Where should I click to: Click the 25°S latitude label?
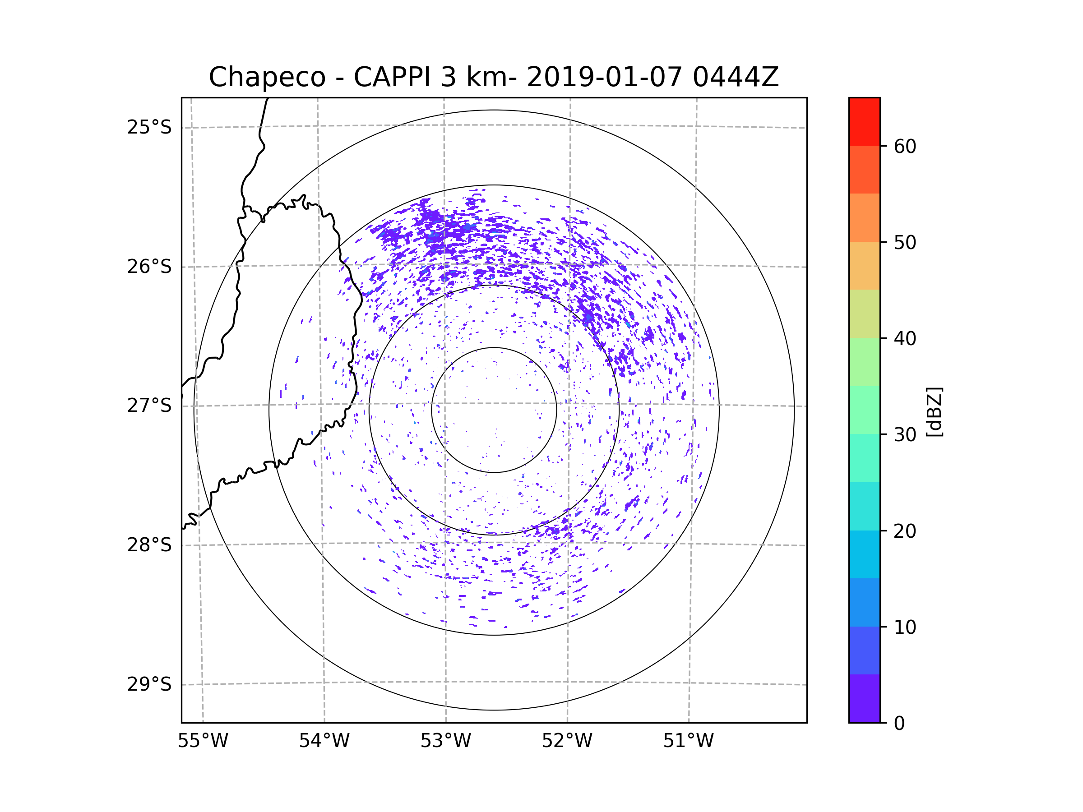pyautogui.click(x=149, y=127)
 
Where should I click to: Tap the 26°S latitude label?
pyautogui.click(x=149, y=267)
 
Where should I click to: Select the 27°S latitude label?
pyautogui.click(x=149, y=406)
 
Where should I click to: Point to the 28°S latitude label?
pyautogui.click(x=149, y=545)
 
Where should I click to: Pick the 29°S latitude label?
pyautogui.click(x=149, y=684)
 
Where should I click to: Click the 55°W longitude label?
pyautogui.click(x=203, y=741)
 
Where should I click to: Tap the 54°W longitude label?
pyautogui.click(x=324, y=741)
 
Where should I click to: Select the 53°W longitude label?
pyautogui.click(x=445, y=741)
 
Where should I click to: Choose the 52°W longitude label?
pyautogui.click(x=567, y=741)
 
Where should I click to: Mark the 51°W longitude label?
pyautogui.click(x=688, y=741)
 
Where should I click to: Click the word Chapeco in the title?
pyautogui.click(x=267, y=77)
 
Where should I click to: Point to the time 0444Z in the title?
pyautogui.click(x=736, y=77)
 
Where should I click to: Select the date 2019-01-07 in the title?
pyautogui.click(x=604, y=77)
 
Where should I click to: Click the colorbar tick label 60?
pyautogui.click(x=905, y=146)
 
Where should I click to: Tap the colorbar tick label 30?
pyautogui.click(x=905, y=434)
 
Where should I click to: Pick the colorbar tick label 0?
pyautogui.click(x=899, y=724)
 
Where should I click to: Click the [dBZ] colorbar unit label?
pyautogui.click(x=934, y=411)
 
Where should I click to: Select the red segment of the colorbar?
pyautogui.click(x=864, y=121)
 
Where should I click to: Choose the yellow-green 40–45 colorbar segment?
pyautogui.click(x=864, y=313)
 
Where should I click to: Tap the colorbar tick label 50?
pyautogui.click(x=905, y=242)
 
